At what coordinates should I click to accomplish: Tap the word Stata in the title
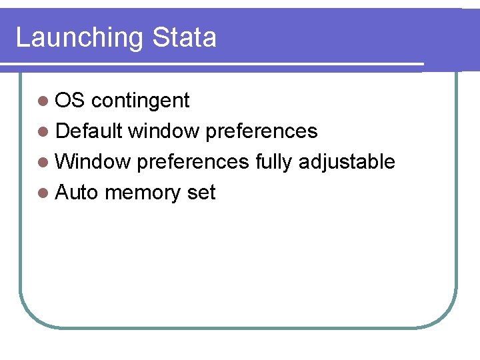184,37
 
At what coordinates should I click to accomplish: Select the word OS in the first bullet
70,101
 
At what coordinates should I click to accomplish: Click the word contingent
140,101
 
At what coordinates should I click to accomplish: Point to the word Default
89,131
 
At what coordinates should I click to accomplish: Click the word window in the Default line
163,131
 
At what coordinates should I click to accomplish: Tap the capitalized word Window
93,162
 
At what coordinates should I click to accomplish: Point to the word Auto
77,193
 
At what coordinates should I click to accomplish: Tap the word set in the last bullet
201,193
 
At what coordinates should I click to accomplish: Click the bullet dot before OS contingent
43,101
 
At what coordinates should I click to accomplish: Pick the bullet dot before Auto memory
43,193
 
